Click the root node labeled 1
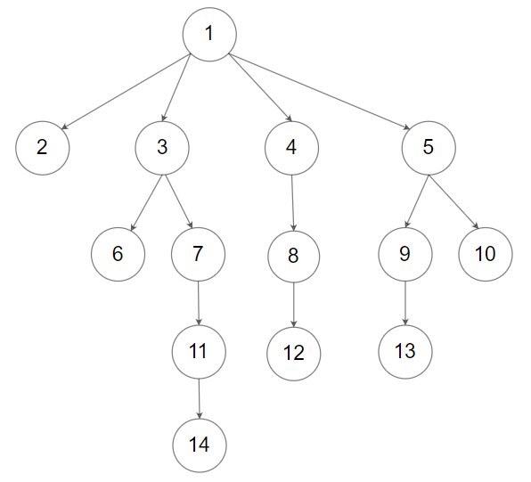209,35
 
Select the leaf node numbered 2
43,148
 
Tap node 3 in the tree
162,148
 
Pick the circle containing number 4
291,148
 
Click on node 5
429,148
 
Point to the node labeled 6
118,255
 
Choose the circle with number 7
198,255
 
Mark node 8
294,257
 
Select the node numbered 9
405,255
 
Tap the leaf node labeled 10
486,255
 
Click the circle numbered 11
199,352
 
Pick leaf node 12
294,354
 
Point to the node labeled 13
405,352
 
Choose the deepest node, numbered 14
200,445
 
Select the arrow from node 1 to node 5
319,92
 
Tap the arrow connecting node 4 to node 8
292,203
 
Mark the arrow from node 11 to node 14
200,399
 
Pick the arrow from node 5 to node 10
453,202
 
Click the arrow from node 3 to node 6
147,203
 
